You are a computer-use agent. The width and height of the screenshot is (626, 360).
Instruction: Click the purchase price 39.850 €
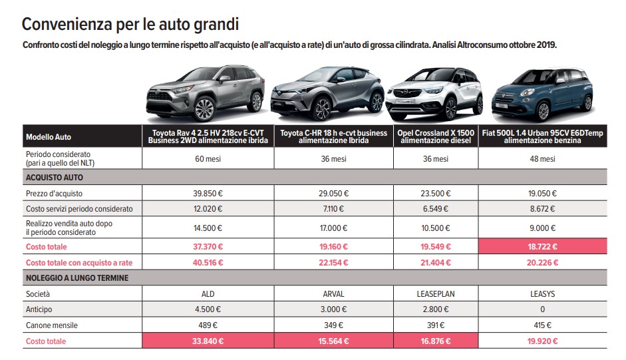tap(208, 193)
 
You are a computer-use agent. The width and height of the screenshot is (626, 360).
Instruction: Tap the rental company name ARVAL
tap(333, 293)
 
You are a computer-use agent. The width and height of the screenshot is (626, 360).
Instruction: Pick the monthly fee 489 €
tap(208, 325)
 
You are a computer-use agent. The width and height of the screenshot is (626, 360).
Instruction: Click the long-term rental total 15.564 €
tap(333, 341)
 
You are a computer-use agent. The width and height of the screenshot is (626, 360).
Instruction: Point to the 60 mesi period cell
tap(208, 159)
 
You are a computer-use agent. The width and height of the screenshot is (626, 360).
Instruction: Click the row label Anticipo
tap(38, 309)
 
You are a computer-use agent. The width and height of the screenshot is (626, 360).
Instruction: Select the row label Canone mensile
tap(51, 325)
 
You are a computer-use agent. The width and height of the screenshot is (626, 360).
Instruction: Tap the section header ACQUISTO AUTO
tap(55, 178)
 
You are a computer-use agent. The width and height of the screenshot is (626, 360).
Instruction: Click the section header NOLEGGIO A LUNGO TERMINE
tap(77, 277)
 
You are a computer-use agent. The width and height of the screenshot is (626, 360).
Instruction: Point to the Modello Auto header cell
tap(49, 136)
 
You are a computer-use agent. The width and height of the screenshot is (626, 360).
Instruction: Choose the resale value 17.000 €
tap(333, 228)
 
